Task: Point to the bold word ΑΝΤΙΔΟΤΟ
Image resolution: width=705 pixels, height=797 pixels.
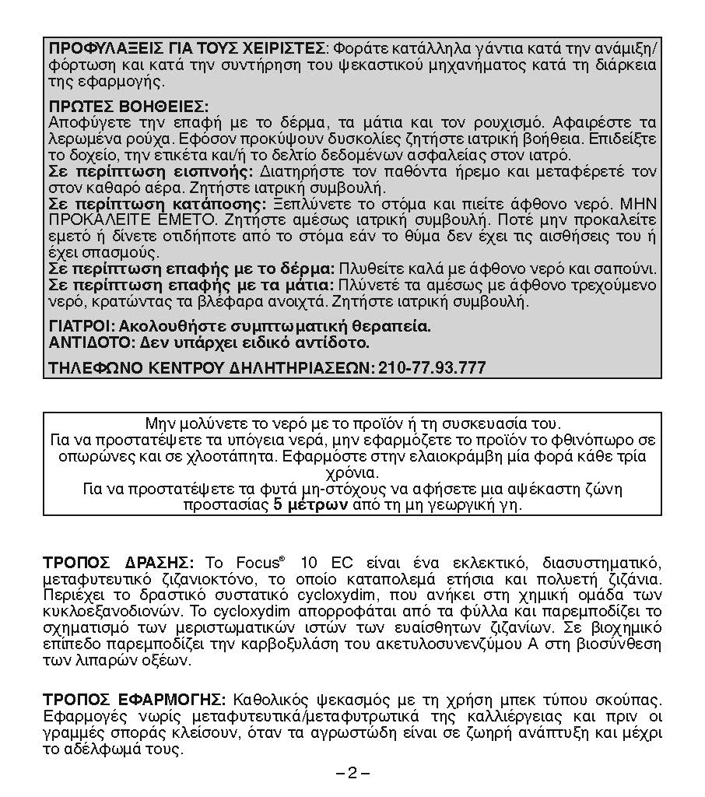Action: [86, 342]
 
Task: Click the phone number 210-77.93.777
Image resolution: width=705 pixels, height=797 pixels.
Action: [432, 367]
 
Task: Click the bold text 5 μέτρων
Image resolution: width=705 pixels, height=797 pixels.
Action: [311, 504]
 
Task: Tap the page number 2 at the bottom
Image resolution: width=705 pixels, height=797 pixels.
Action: [352, 773]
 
